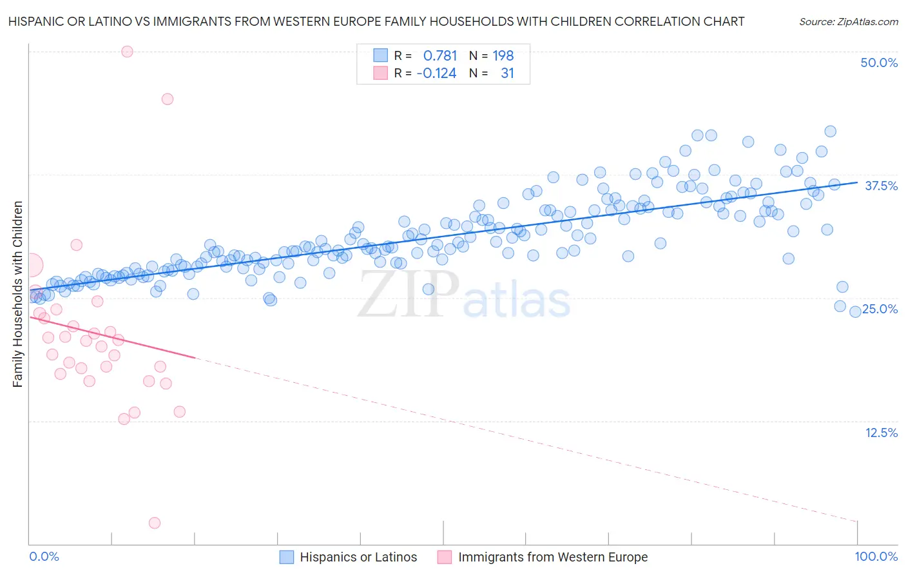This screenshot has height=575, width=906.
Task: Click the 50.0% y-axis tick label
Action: click(x=879, y=63)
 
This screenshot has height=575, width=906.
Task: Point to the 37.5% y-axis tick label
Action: click(x=881, y=186)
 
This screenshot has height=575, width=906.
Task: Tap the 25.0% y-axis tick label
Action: click(x=880, y=309)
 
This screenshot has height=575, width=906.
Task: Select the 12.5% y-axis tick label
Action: click(x=881, y=433)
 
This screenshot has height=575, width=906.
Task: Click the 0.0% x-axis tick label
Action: click(x=44, y=556)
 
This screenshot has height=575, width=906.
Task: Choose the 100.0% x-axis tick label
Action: click(x=876, y=556)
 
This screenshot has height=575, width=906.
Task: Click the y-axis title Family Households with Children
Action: click(x=17, y=294)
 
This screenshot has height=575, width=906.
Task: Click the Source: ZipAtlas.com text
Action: click(x=848, y=22)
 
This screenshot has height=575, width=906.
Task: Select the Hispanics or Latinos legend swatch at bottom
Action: click(x=287, y=557)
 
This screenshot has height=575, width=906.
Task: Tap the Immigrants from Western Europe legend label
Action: click(x=553, y=557)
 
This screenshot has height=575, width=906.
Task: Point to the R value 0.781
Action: click(x=440, y=56)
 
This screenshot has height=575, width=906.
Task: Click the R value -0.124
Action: click(x=436, y=73)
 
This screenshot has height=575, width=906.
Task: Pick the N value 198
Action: click(x=503, y=56)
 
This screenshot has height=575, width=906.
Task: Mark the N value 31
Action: click(x=507, y=73)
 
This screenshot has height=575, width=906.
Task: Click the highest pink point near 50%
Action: click(x=127, y=52)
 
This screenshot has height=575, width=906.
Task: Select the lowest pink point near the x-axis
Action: click(x=155, y=523)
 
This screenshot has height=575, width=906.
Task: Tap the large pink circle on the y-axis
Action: click(x=30, y=264)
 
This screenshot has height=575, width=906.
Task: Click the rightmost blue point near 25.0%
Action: click(x=855, y=311)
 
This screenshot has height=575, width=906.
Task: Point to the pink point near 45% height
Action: click(x=168, y=99)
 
